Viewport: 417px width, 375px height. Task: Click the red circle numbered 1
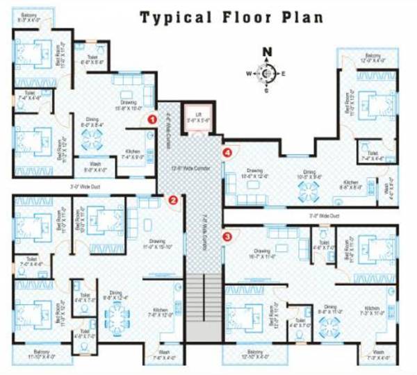tap(152, 119)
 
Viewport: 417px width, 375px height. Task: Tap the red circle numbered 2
tap(174, 201)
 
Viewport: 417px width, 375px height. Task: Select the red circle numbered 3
tap(227, 237)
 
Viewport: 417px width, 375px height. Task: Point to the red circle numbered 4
tap(226, 152)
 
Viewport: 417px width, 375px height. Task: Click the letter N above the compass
tap(267, 51)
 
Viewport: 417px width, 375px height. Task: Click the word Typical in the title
tap(174, 17)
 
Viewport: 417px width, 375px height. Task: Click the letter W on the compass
tap(248, 72)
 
